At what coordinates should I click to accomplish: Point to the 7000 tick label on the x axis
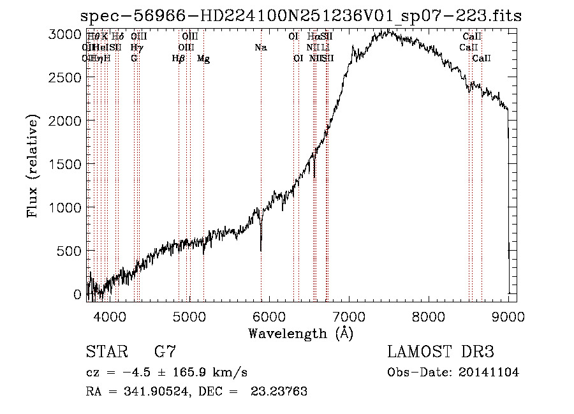349,316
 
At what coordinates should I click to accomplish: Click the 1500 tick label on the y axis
65,164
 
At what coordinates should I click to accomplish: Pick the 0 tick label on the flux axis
77,295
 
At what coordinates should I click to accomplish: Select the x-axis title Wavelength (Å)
300,333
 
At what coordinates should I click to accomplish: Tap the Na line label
260,48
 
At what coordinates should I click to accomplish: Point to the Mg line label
203,59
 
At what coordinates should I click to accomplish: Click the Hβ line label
179,59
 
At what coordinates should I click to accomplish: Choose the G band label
134,59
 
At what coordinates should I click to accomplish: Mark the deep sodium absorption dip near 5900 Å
261,246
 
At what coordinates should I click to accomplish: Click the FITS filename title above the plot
301,16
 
